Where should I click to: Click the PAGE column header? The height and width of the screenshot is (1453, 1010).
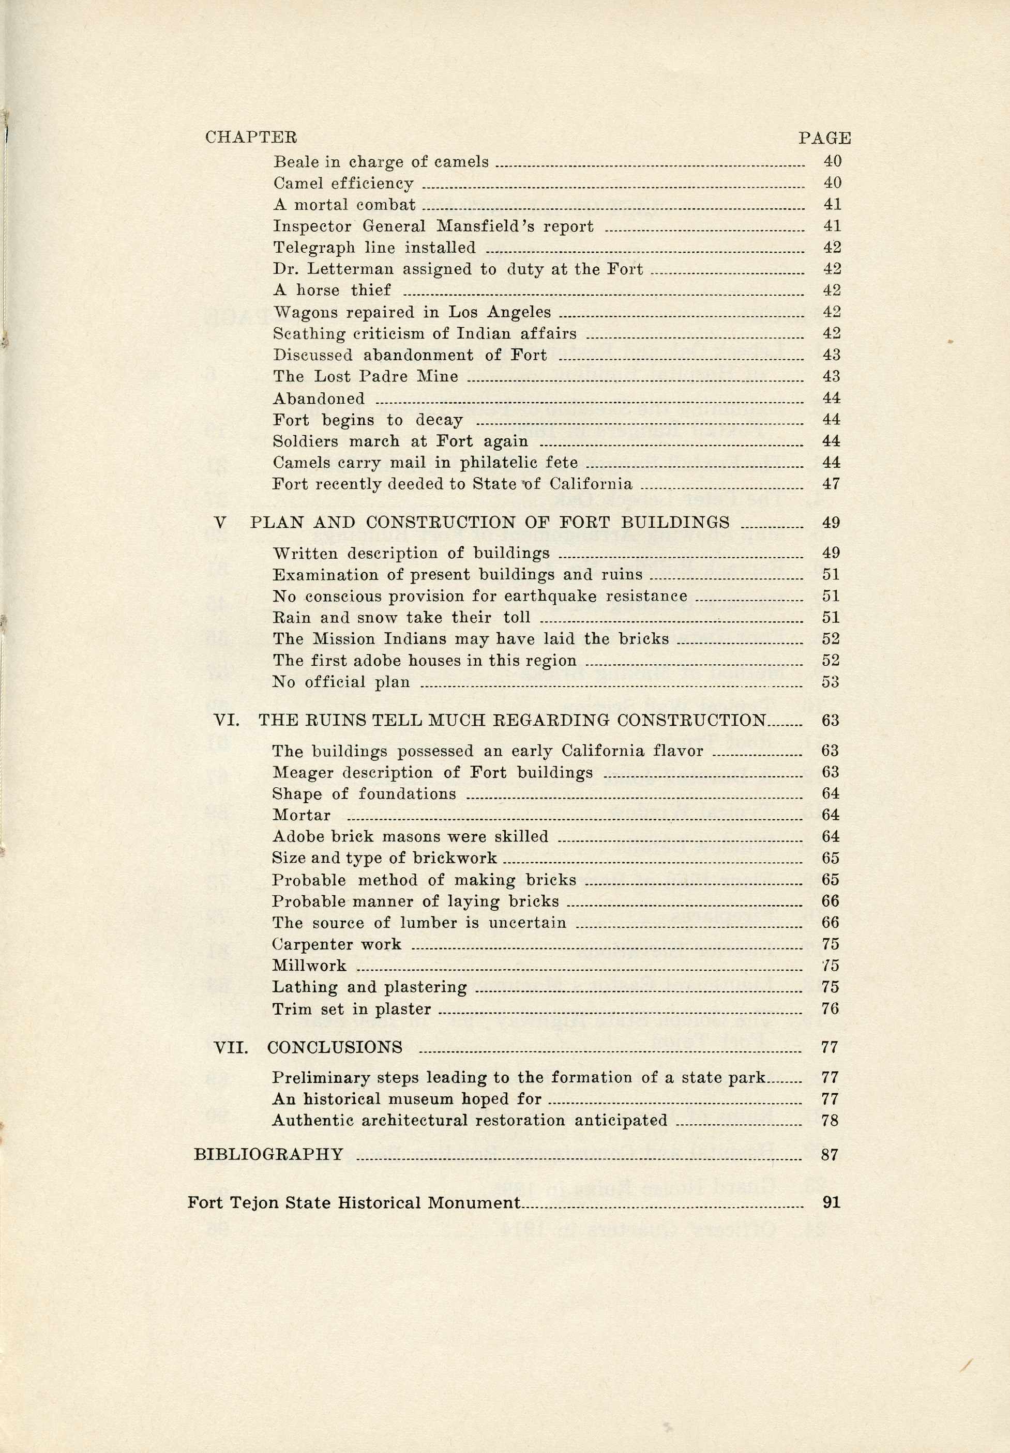824,137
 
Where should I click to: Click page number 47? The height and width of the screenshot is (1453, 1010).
831,484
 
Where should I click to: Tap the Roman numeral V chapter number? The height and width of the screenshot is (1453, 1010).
220,523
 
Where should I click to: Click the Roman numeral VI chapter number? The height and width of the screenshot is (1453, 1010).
226,721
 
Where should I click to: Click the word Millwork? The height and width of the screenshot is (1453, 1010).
309,966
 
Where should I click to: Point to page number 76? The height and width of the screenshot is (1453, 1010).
830,1009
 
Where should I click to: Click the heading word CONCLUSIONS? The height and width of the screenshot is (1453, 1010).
334,1048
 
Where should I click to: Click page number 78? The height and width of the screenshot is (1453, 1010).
830,1121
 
